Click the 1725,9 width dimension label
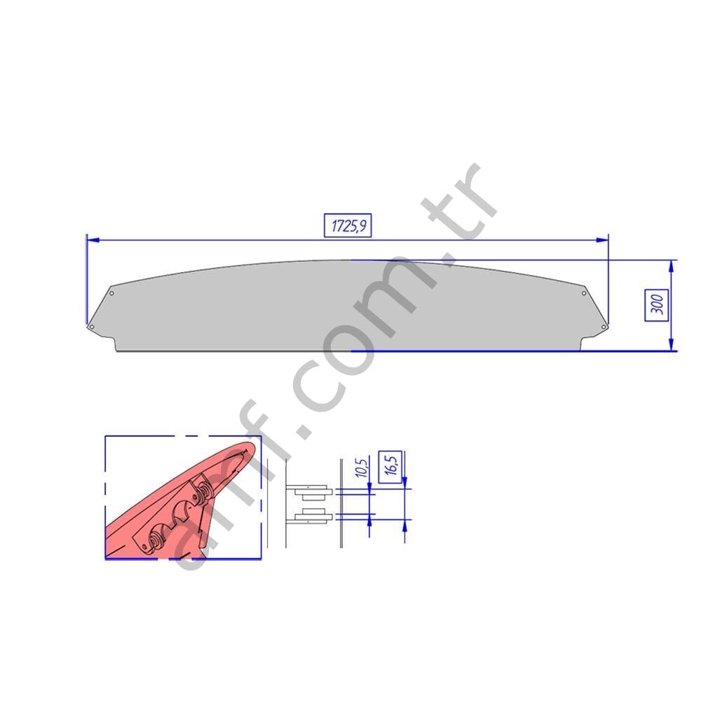tap(348, 226)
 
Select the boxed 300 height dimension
tap(656, 305)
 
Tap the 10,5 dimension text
tap(362, 467)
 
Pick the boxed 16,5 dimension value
tap(390, 467)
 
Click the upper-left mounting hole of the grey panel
tap(111, 293)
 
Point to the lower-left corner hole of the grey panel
tap(92, 327)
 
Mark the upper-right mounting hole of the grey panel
tap(584, 293)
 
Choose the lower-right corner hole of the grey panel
tap(604, 327)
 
